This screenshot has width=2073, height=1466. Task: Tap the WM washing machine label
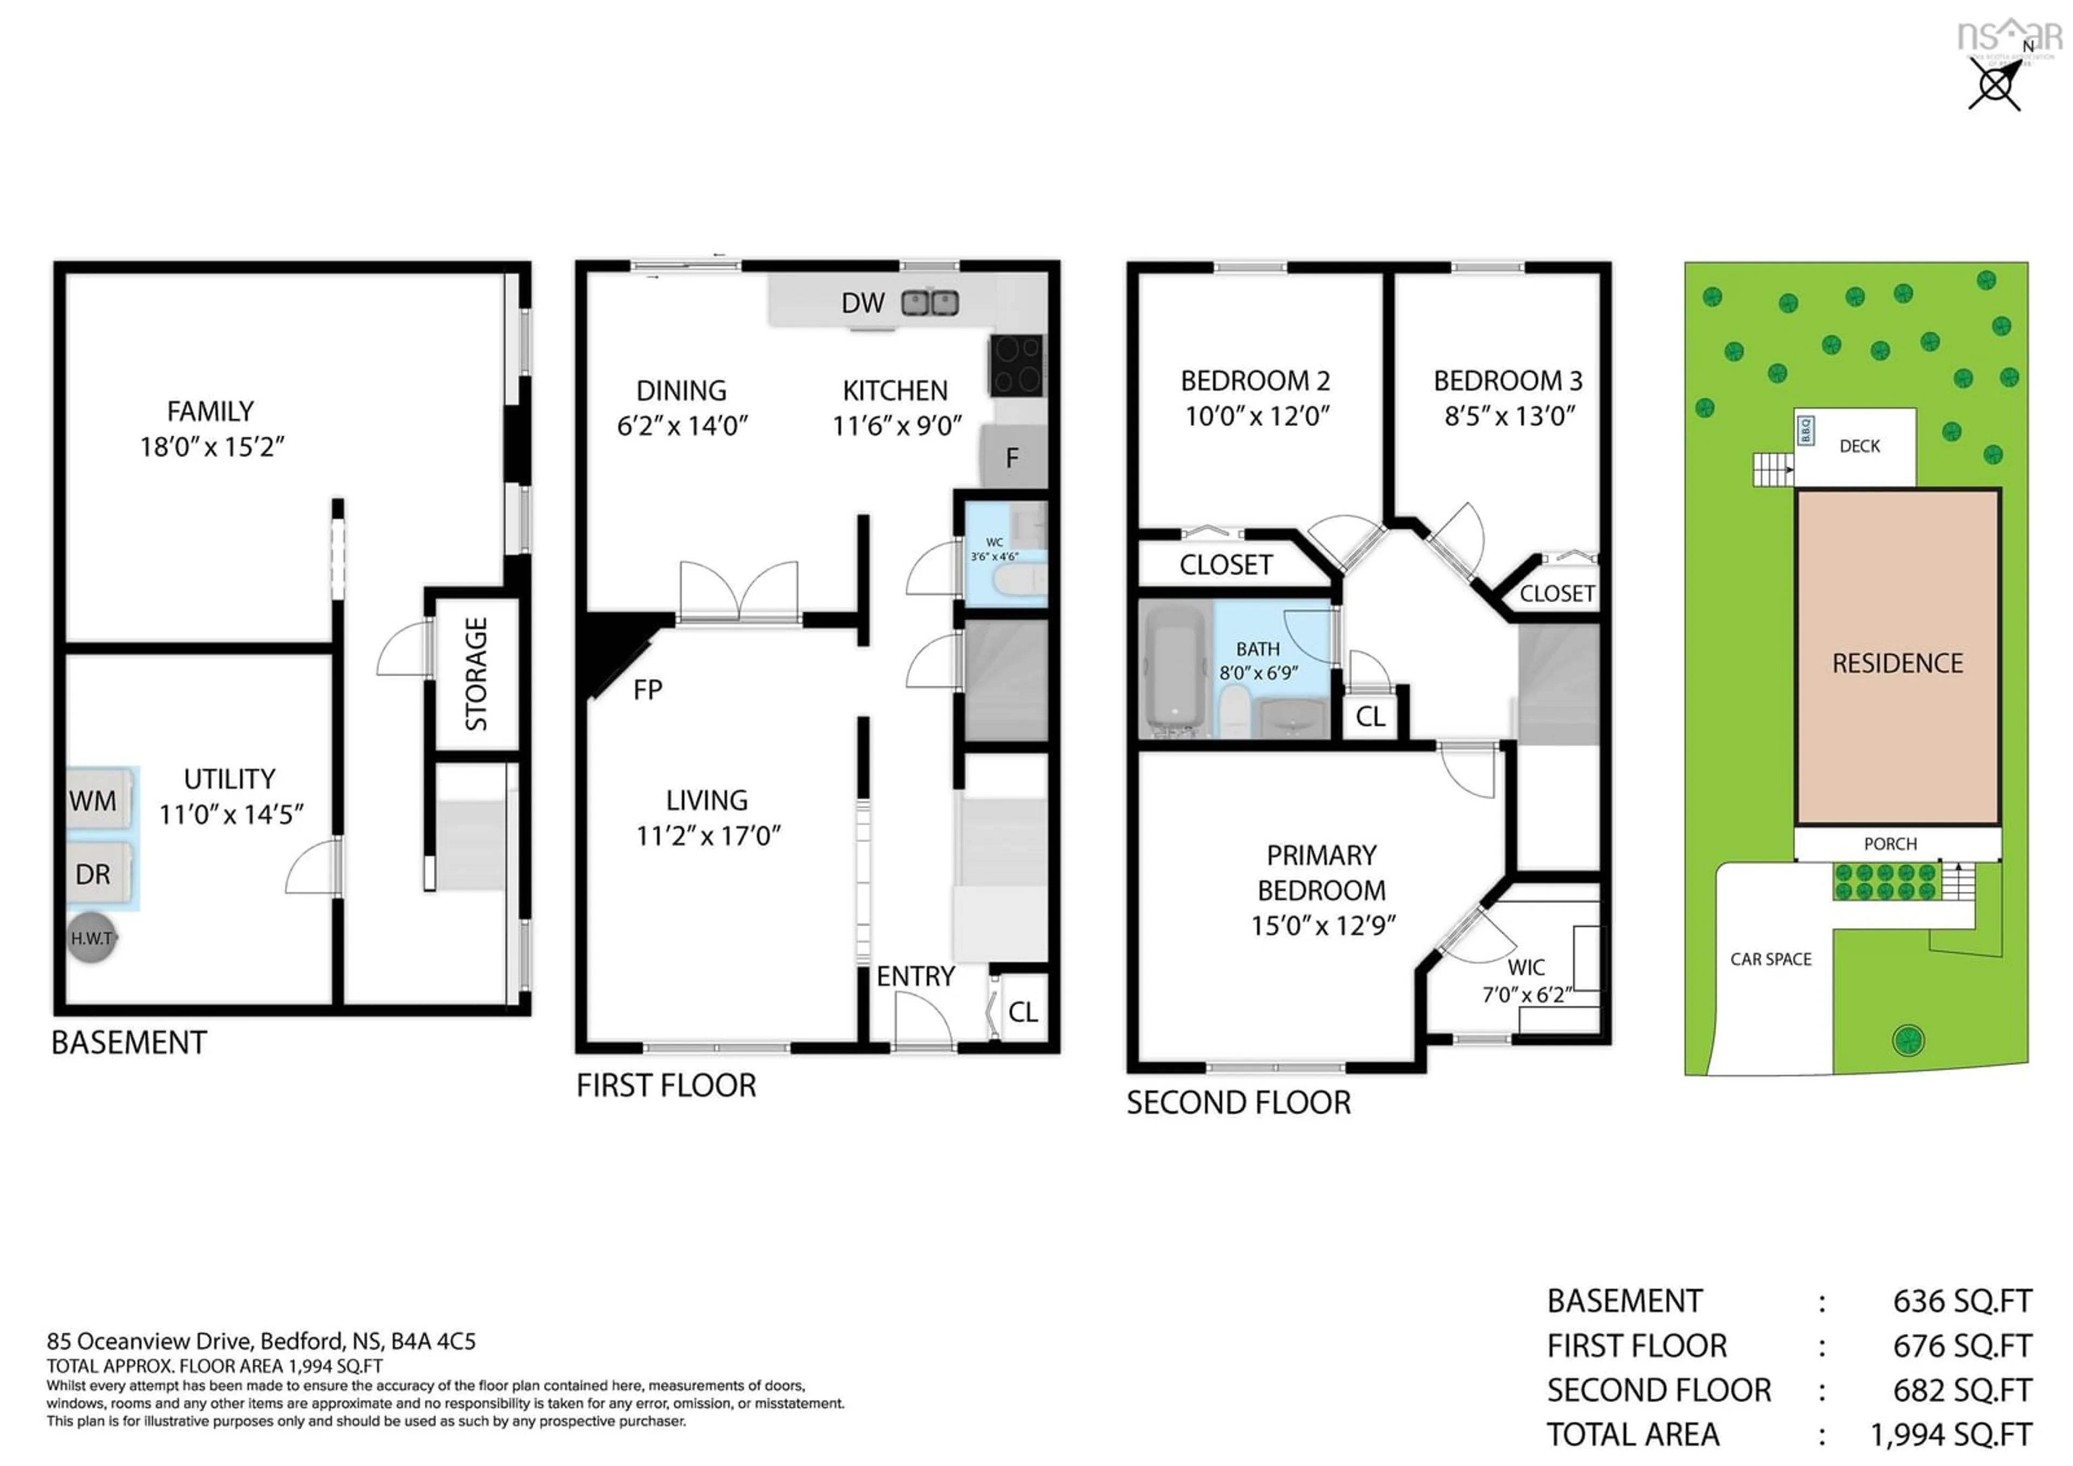(x=93, y=801)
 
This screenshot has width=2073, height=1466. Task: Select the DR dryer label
(x=93, y=875)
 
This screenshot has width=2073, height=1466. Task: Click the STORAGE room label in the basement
(x=476, y=674)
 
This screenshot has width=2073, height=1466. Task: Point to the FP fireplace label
(x=647, y=690)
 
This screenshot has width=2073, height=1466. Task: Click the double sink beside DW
(x=930, y=302)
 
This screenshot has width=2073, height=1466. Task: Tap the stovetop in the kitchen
(x=1017, y=365)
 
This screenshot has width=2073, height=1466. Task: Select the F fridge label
(x=1012, y=458)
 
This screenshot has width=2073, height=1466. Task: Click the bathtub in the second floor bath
(x=1176, y=667)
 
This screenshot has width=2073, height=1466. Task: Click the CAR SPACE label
(x=1771, y=959)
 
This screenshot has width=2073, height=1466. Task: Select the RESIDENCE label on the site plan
(x=1897, y=664)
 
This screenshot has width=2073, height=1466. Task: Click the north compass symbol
(x=1995, y=86)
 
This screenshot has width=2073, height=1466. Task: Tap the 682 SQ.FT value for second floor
(x=1961, y=1390)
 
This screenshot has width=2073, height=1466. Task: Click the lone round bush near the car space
(x=1908, y=1040)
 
